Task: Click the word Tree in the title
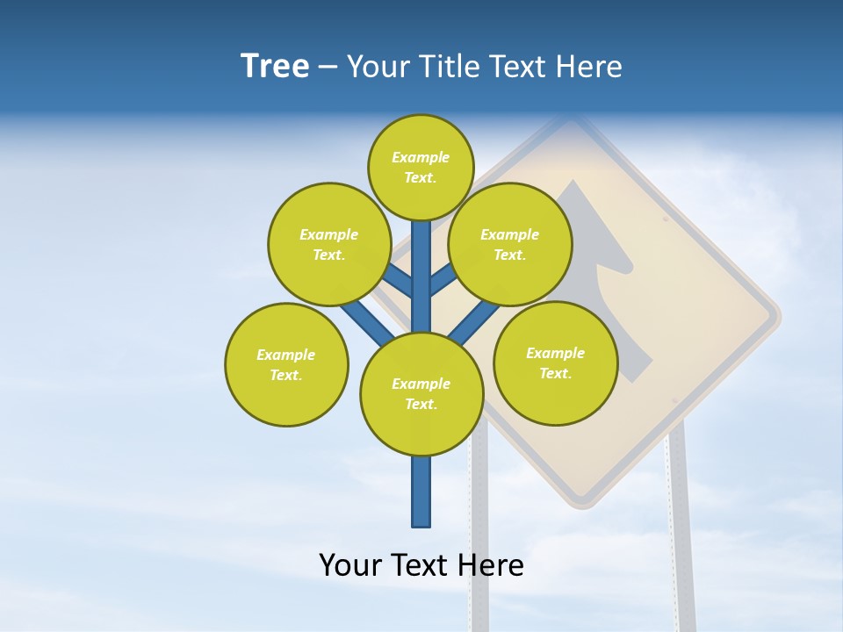[275, 67]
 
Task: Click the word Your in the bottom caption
[349, 565]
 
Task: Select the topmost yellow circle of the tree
[421, 167]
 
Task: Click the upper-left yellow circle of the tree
[329, 244]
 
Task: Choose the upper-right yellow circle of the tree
[510, 244]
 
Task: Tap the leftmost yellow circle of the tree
[286, 364]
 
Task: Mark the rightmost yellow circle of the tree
[555, 363]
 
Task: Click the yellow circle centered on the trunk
[421, 394]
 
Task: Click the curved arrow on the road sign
[606, 281]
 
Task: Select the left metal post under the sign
[479, 544]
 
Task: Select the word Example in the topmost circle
[421, 157]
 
